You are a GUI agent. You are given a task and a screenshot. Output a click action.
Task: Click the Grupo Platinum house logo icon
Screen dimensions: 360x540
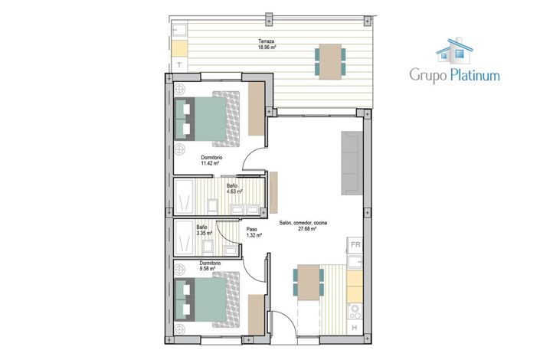point(454,50)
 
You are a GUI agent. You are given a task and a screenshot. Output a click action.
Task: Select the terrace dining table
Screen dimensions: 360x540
point(329,61)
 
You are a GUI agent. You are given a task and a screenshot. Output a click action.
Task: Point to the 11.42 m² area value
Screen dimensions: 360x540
point(210,164)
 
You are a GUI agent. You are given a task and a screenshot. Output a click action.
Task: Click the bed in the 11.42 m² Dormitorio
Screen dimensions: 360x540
point(208,119)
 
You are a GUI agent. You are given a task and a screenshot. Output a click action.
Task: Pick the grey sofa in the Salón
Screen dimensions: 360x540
point(352,162)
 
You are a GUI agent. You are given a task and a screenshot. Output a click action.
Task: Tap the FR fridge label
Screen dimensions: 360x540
point(355,245)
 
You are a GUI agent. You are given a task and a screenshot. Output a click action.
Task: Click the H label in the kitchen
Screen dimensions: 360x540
point(354,329)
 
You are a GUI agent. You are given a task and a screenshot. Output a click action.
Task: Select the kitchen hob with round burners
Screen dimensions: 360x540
point(355,312)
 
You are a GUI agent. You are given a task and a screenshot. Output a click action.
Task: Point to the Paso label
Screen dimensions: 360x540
point(251,229)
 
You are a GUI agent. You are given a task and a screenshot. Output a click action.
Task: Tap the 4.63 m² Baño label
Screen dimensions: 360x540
point(231,185)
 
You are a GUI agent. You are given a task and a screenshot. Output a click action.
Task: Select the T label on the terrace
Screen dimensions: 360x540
point(179,66)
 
